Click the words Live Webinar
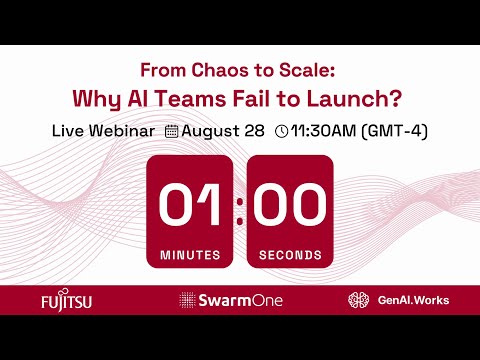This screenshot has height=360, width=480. pos(103,131)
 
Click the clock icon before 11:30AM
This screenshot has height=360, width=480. pos(281,131)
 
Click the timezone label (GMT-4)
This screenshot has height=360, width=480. pos(393,131)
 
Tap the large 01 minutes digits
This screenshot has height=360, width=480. pos(190,205)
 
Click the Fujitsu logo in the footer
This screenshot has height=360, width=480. pos(66,300)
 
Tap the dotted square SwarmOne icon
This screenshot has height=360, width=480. pos(186,300)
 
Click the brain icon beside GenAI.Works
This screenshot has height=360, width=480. pos(359,300)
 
